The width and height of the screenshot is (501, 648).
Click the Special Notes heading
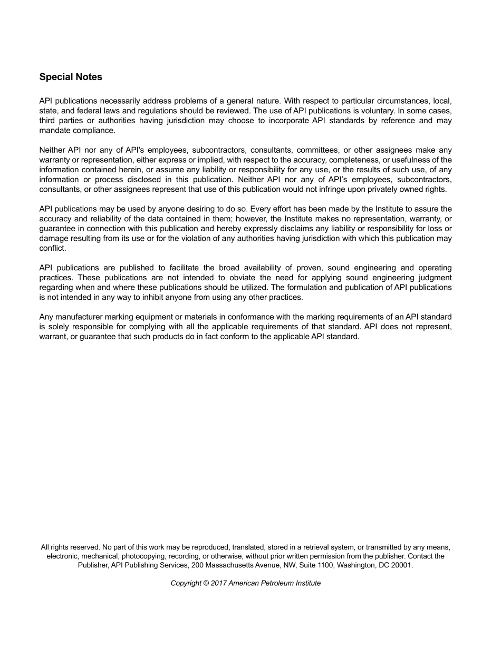[x=71, y=77]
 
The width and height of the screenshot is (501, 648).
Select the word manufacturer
[x=82, y=317]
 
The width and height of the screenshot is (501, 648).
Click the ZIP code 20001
[x=402, y=565]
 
